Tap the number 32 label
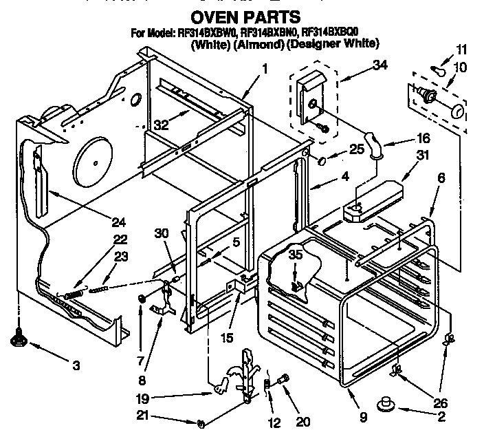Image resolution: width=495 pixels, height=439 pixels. coord(160,125)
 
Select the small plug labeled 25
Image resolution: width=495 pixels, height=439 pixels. coord(320,160)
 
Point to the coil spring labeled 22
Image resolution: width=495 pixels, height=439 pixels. coord(72,294)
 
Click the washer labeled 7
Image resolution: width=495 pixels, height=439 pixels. coord(141,298)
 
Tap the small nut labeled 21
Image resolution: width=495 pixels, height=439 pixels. coord(199,422)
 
